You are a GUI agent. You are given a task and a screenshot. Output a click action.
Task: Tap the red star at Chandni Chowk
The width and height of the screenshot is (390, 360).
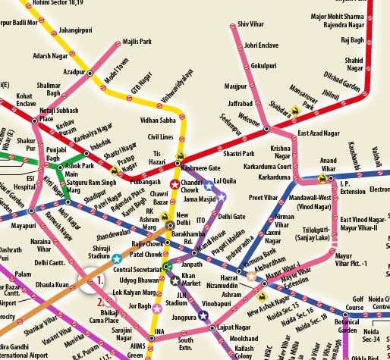(x=175, y=183)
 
